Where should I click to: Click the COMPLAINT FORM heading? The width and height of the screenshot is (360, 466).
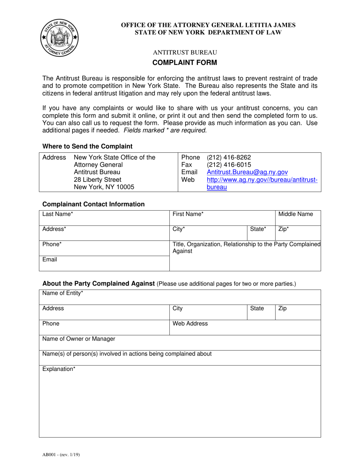point(185,63)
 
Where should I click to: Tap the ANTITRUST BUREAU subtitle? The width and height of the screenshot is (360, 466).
point(185,52)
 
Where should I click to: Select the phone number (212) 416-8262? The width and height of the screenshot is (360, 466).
point(229,157)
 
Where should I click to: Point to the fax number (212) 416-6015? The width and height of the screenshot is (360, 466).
point(229,165)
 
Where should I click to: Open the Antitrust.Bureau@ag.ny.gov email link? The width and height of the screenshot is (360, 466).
point(247,172)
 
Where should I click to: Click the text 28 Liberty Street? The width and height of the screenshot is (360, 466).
point(97,180)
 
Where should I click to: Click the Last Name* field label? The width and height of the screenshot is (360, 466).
point(58,214)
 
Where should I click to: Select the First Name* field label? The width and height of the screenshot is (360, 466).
point(188,214)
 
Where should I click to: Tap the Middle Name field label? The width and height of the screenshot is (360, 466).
point(296,214)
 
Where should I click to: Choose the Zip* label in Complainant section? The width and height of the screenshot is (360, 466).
point(283,229)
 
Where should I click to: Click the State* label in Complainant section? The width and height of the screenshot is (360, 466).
point(258,229)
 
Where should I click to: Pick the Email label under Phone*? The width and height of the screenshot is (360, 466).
point(50,260)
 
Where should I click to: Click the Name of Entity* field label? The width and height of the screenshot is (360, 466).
point(63,293)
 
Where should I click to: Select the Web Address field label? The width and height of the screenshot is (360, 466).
point(190,324)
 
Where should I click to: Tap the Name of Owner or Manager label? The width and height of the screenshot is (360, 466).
point(79,339)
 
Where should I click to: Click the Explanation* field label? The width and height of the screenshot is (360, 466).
point(59,369)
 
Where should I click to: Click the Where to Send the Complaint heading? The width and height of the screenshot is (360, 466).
point(88,146)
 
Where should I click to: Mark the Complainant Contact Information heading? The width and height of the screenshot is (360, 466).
point(94,204)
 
